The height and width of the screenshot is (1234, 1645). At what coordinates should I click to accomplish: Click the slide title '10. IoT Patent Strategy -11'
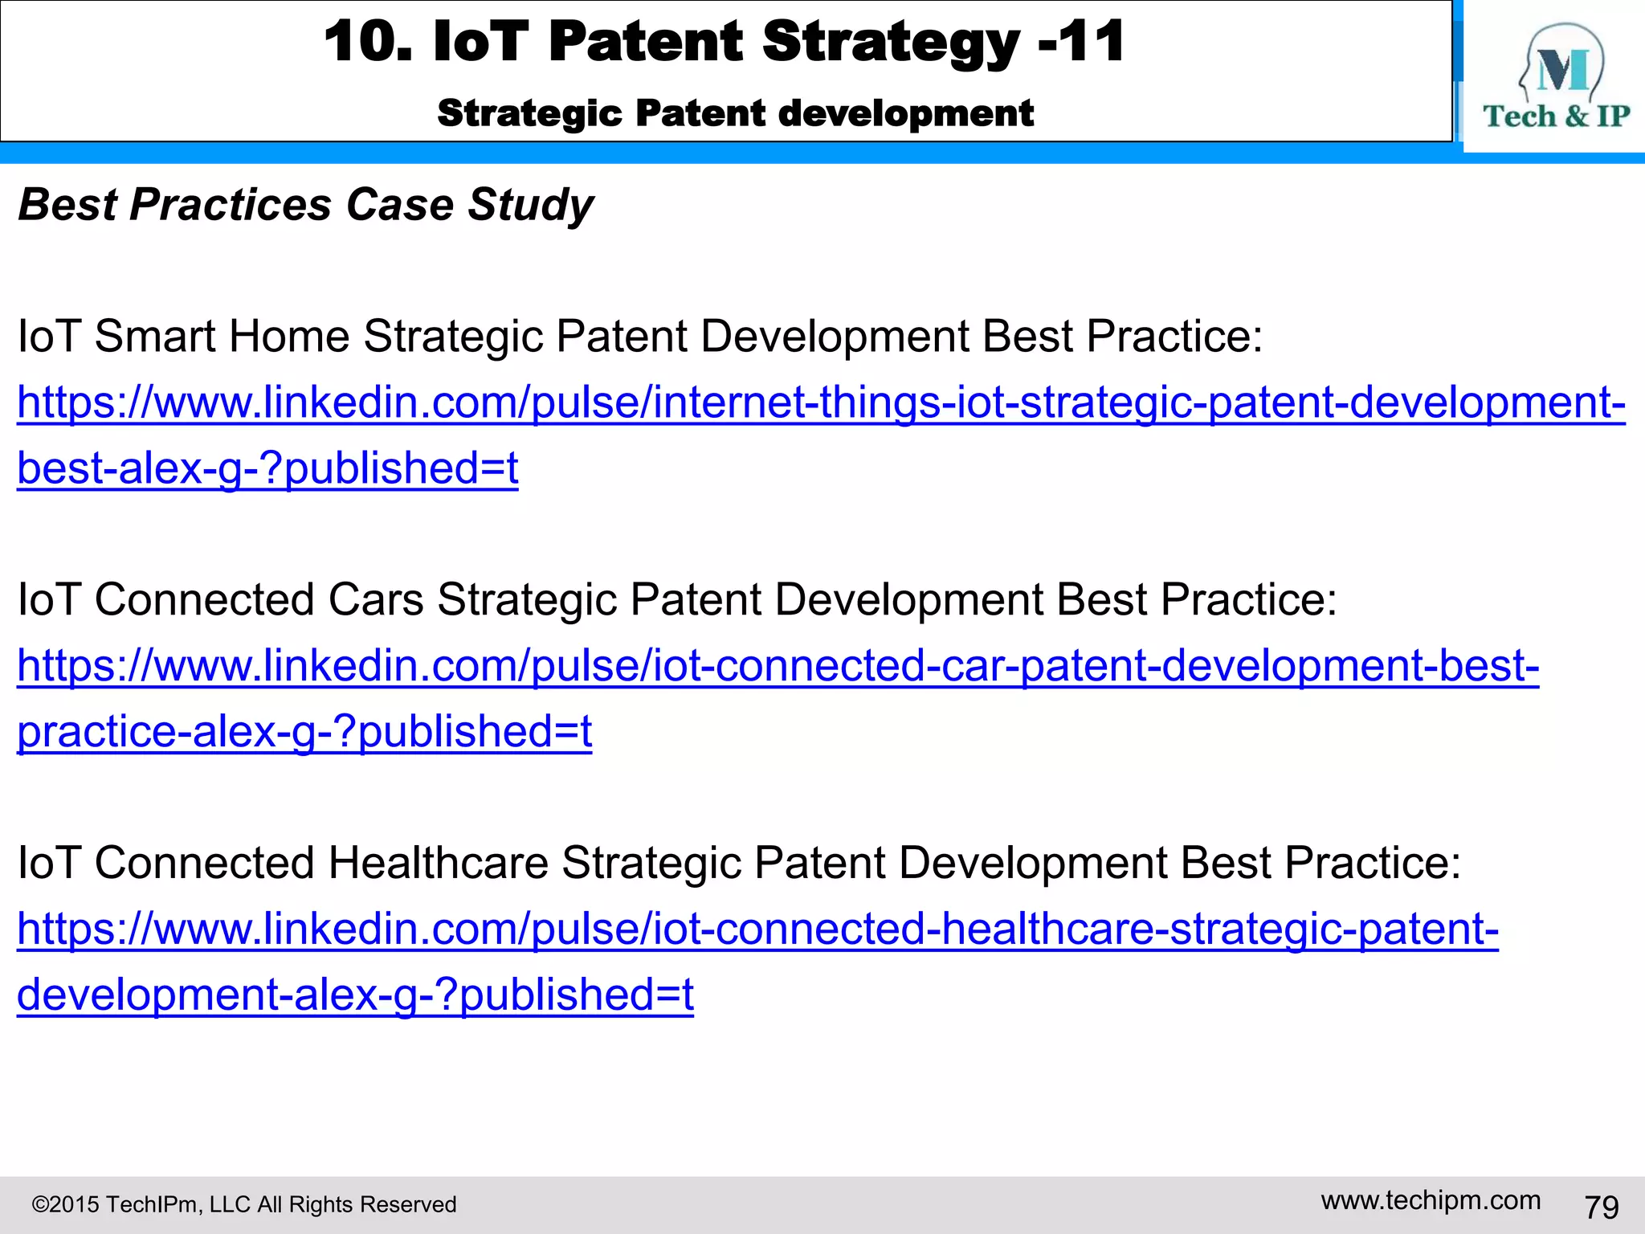[x=723, y=42]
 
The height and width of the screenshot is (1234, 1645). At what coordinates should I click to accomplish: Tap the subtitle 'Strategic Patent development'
[x=735, y=113]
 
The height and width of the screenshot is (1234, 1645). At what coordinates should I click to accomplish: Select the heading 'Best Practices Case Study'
[x=305, y=205]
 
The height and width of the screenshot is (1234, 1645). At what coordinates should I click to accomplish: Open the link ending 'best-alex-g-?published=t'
[x=267, y=468]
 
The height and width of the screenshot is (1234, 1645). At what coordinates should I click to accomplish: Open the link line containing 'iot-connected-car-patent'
[x=778, y=666]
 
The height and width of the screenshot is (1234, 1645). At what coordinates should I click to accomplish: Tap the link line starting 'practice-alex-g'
[x=304, y=732]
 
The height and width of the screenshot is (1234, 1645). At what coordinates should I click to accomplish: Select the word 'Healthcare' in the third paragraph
[x=438, y=863]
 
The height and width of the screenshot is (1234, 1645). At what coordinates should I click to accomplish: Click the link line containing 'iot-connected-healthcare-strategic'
[x=757, y=930]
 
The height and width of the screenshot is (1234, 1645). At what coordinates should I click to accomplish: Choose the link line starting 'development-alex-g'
[x=355, y=995]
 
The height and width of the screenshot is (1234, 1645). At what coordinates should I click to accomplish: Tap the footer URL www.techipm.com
[x=1431, y=1200]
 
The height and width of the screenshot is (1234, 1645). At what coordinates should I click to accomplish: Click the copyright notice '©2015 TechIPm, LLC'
[x=243, y=1204]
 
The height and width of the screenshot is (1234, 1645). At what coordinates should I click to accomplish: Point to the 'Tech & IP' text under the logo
[x=1556, y=116]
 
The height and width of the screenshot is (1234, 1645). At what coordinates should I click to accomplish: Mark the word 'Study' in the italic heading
[x=530, y=205]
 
